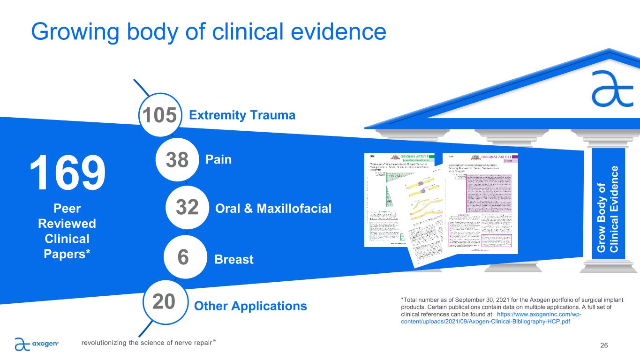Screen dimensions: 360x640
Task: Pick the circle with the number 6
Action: pos(183,257)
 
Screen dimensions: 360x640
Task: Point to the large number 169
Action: pos(67,173)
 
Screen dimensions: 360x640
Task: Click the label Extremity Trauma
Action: pos(242,115)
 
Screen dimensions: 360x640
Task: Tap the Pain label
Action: pos(218,160)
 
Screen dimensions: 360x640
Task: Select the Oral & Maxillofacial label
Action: pos(273,208)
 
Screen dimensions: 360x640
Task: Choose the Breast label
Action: pos(233,259)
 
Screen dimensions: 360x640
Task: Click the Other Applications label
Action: pos(250,306)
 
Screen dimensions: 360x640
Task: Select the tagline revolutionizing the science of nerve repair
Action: pos(149,343)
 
